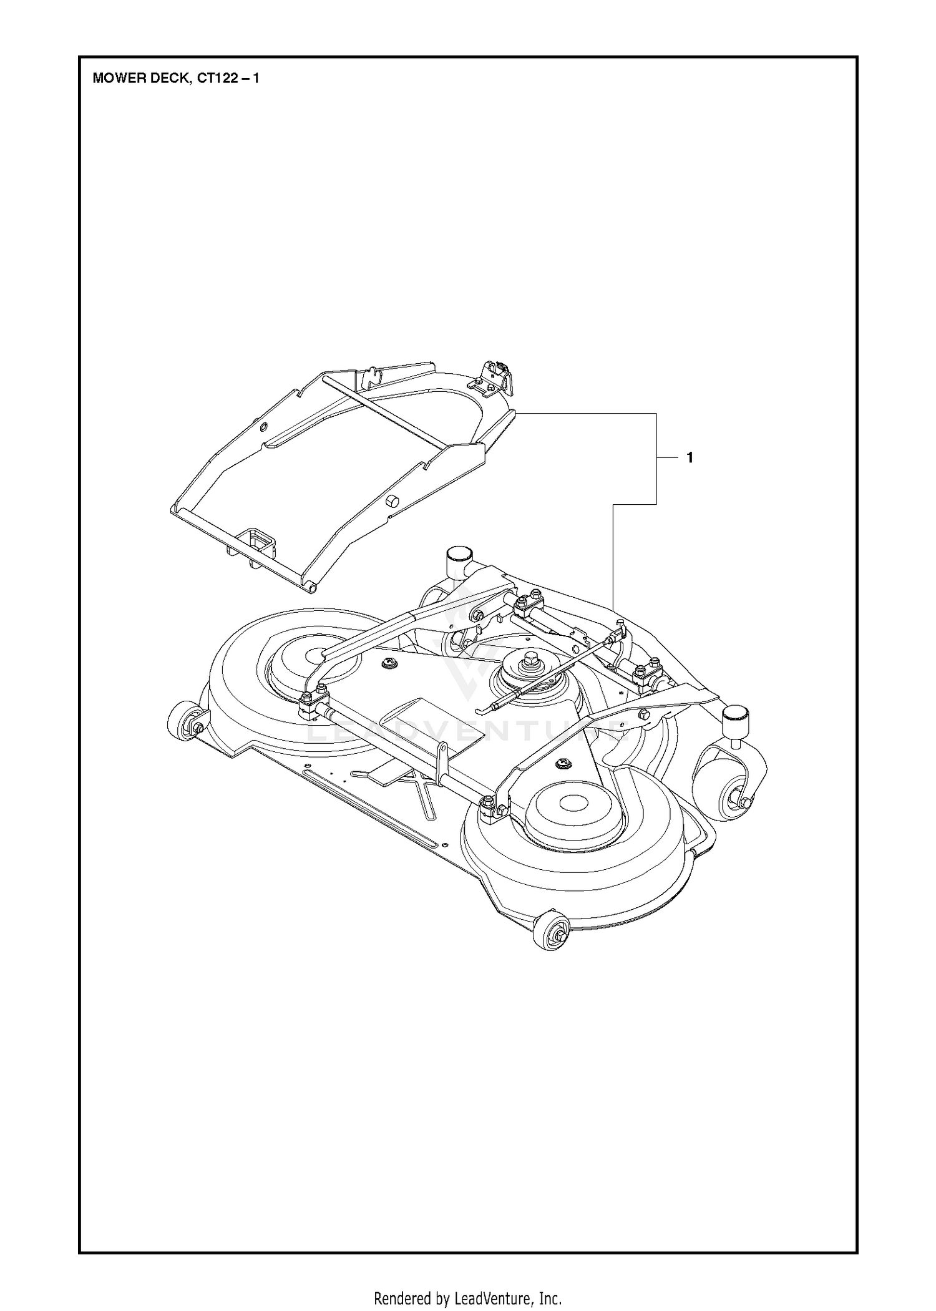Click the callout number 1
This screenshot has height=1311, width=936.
(x=690, y=457)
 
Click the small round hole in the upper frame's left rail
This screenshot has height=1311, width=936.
(x=263, y=427)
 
